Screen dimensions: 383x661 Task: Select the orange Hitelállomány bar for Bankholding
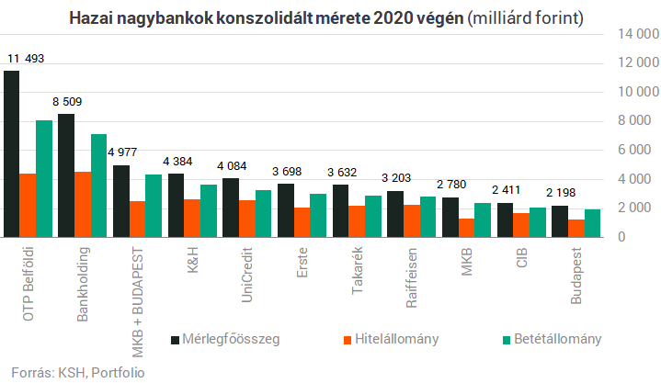pos(83,204)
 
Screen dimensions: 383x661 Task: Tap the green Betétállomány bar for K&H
pos(209,210)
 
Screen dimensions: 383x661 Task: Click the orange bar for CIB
pos(520,224)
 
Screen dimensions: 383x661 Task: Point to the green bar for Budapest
pos(592,222)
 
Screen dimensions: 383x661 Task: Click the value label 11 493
pos(26,59)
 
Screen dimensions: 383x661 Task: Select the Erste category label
pos(302,263)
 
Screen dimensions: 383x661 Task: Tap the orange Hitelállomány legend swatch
pos(348,339)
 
